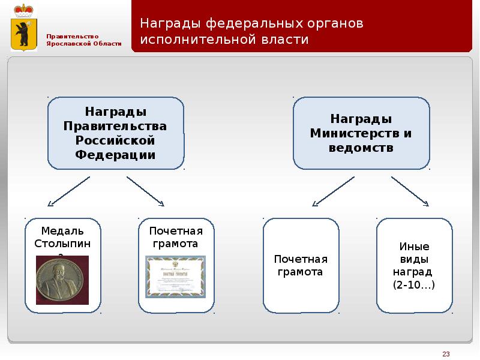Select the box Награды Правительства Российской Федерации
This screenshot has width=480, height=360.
116,133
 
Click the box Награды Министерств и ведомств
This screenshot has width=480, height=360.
361,133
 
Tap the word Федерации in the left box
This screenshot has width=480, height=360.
116,154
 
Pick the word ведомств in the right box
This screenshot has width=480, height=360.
361,147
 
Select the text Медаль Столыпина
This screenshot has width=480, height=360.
62,239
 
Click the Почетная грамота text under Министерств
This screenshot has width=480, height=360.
301,265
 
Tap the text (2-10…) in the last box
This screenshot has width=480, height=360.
414,286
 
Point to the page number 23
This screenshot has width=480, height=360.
446,353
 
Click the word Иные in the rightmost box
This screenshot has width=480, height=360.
414,247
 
